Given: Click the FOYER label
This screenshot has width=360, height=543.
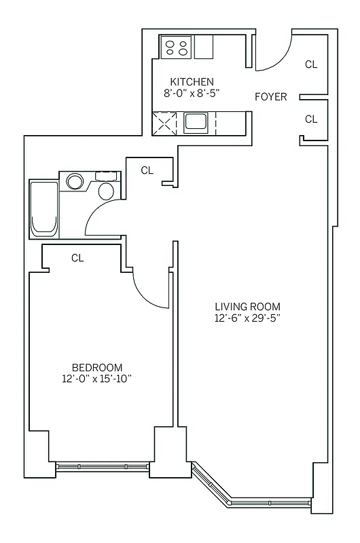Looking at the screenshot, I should (x=270, y=97).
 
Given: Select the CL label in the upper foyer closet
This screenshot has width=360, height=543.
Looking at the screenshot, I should (x=311, y=64).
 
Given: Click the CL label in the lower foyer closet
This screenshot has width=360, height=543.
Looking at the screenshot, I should (x=311, y=119).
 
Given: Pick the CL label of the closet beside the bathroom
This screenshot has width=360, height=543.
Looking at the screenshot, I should (x=147, y=170).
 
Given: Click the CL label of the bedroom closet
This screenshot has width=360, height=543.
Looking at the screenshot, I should (x=77, y=258).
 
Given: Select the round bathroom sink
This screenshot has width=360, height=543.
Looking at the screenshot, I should (x=73, y=181).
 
